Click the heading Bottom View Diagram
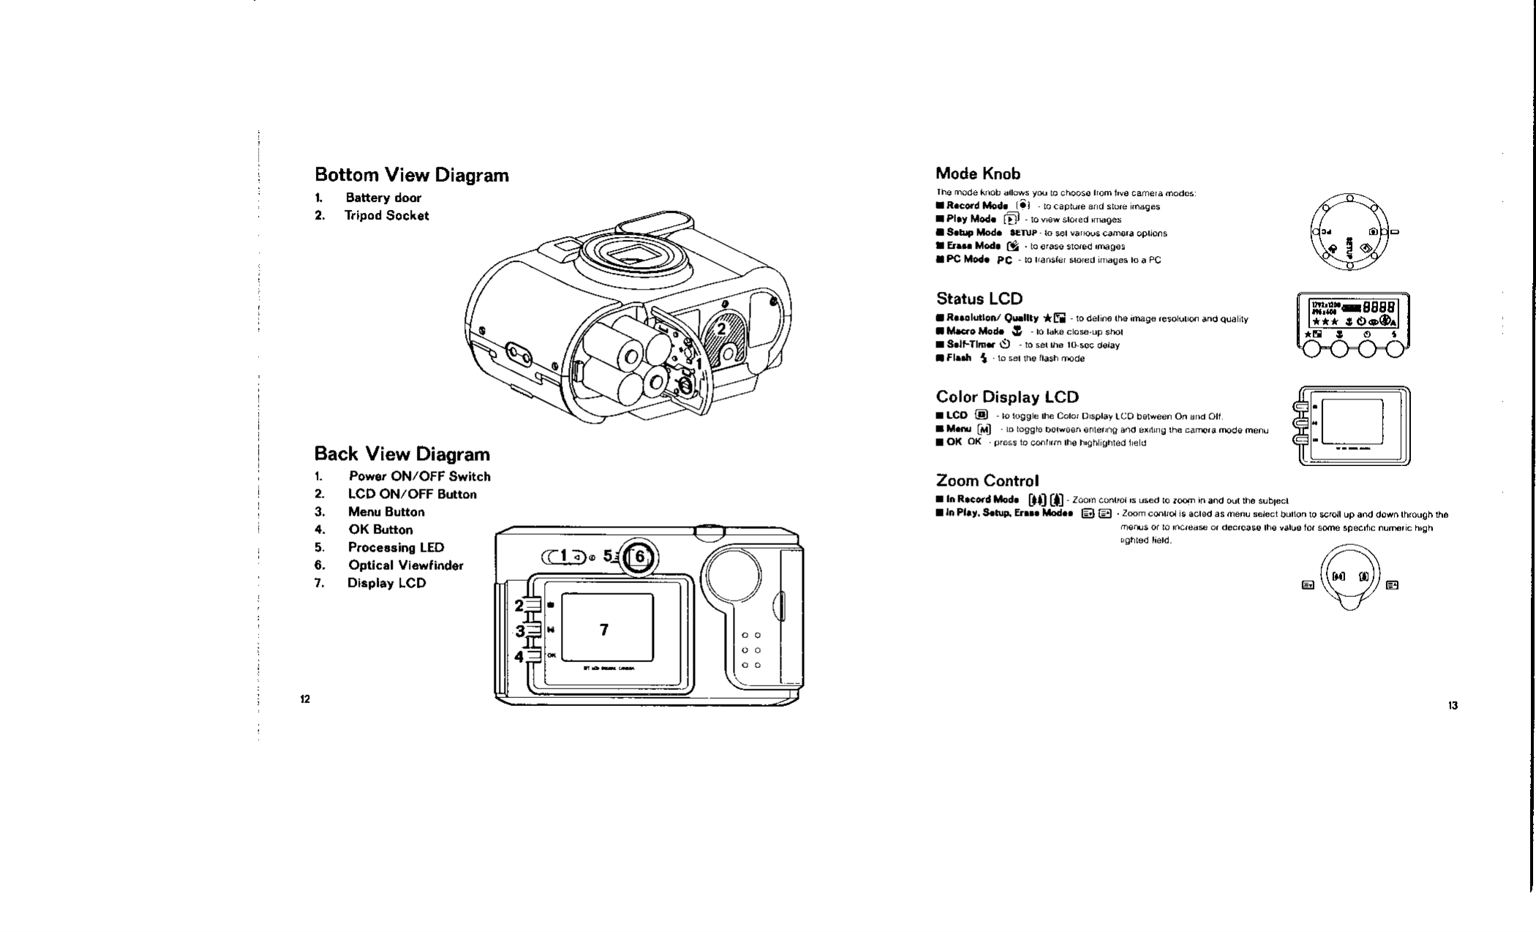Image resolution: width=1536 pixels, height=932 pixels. [x=411, y=176]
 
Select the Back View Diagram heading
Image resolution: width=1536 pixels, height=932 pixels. [x=402, y=454]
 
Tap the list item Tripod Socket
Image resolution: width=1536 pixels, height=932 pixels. [x=386, y=216]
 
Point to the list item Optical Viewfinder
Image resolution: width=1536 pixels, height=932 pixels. [x=405, y=565]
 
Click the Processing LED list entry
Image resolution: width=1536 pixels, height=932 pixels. [x=396, y=548]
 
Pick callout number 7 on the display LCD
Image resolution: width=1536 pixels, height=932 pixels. [x=603, y=630]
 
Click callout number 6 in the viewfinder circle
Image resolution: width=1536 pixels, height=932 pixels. [x=640, y=557]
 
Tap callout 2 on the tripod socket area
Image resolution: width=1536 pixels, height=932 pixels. [x=721, y=329]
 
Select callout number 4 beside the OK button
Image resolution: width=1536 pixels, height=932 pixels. [x=519, y=656]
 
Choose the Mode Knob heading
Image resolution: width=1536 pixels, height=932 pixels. [x=978, y=174]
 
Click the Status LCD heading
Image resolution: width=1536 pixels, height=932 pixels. [x=979, y=298]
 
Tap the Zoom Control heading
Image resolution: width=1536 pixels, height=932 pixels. [x=987, y=481]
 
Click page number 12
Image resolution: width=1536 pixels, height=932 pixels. [x=305, y=699]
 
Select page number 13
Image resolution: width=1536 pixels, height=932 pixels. [x=1453, y=706]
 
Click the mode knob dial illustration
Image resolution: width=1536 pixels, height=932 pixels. [x=1349, y=232]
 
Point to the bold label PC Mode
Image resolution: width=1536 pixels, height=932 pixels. [x=968, y=260]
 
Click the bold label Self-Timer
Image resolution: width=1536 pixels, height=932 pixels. [x=970, y=345]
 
